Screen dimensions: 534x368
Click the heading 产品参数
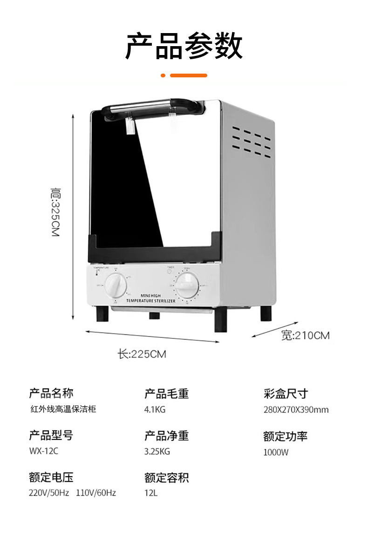click(x=184, y=46)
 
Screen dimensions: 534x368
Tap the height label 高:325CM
click(x=55, y=212)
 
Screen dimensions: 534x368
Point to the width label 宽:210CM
click(x=305, y=335)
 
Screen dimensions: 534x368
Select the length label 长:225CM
click(x=142, y=354)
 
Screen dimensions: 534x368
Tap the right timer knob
click(x=186, y=285)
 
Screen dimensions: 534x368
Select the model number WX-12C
click(x=44, y=451)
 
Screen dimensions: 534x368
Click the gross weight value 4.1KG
click(x=155, y=410)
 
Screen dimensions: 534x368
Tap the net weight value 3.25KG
click(x=157, y=451)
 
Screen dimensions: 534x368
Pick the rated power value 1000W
click(x=276, y=452)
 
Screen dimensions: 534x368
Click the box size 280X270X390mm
click(x=296, y=410)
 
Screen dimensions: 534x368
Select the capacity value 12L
click(x=151, y=493)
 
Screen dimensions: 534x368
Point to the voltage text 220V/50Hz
click(x=49, y=493)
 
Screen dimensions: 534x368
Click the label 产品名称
click(x=51, y=393)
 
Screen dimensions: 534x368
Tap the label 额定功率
click(x=285, y=436)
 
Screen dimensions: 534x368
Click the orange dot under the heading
click(x=163, y=75)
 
